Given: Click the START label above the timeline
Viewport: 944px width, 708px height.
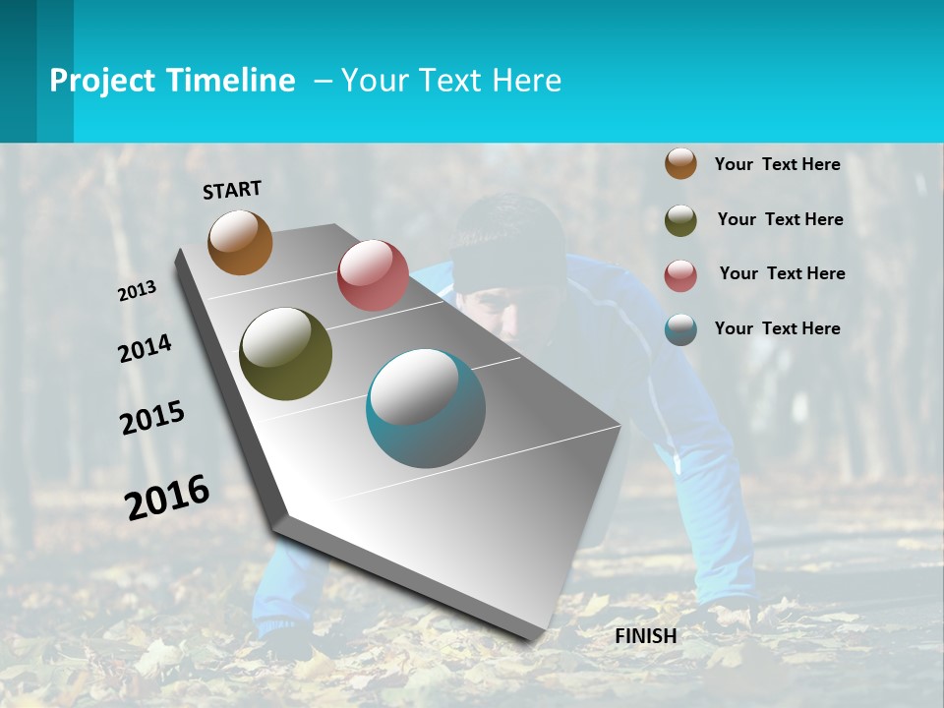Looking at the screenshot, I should click(232, 190).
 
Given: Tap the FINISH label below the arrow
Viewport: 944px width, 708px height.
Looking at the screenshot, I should click(646, 636).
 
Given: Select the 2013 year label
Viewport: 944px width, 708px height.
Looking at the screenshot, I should click(138, 291).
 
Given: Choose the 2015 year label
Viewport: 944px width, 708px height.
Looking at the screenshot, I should click(152, 418).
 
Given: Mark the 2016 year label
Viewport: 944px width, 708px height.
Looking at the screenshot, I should click(167, 497).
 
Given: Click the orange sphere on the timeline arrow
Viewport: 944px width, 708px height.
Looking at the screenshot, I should click(240, 242).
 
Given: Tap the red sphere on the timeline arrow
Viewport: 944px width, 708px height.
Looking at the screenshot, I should click(373, 274).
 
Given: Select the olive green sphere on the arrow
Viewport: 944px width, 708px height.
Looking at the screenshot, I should click(285, 354).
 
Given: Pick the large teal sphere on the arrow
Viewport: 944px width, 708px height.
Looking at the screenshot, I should click(426, 408).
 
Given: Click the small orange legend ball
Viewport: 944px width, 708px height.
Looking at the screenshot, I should click(680, 164).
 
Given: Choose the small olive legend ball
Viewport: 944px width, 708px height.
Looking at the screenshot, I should click(680, 220).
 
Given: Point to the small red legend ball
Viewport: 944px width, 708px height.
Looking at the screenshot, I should click(680, 275).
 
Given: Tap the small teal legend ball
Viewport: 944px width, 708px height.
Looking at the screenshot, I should click(680, 329).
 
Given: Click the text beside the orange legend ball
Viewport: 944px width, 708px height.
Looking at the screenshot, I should click(777, 165).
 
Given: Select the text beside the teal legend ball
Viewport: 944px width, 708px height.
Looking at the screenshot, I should click(777, 328).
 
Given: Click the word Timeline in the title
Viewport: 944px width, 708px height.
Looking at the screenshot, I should click(232, 81).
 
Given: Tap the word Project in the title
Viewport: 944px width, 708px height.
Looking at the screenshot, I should click(102, 81).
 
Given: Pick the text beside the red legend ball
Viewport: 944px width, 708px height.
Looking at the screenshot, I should click(782, 273).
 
